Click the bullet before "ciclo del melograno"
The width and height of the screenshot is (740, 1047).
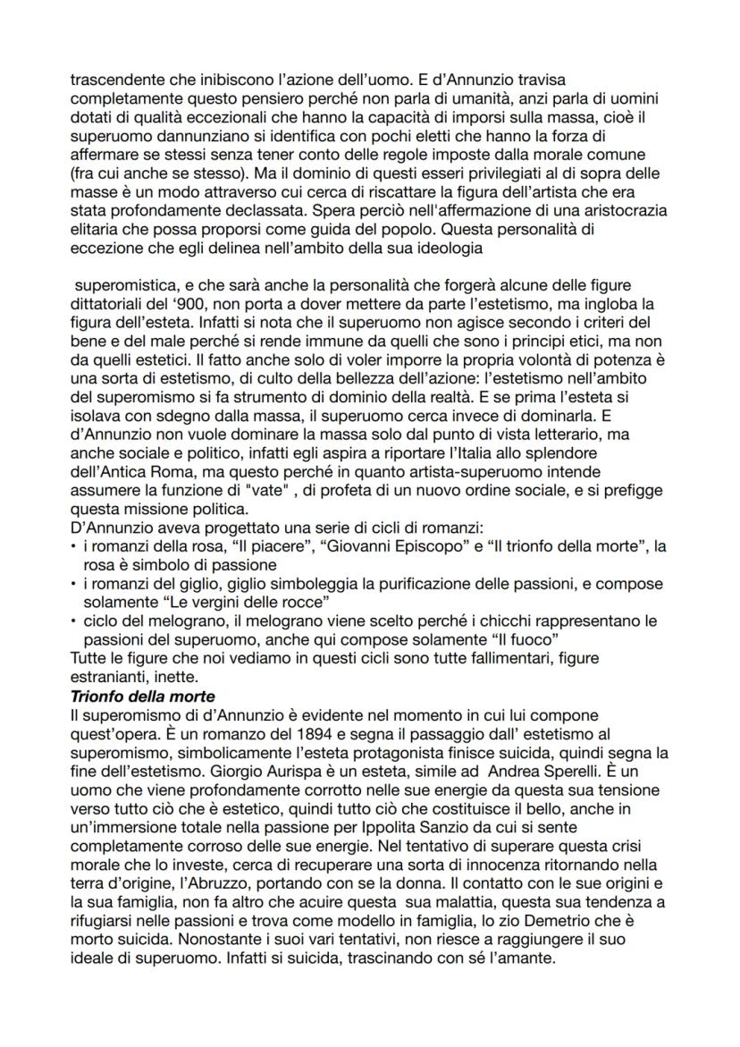pos(72,622)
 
